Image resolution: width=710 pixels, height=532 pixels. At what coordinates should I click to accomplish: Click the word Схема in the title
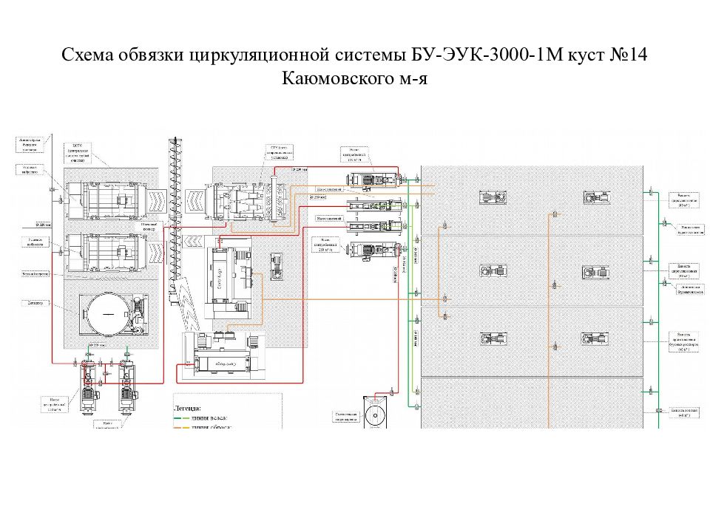pos(87,57)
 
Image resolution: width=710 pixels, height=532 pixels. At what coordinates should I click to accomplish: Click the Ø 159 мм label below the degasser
pos(96,345)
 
